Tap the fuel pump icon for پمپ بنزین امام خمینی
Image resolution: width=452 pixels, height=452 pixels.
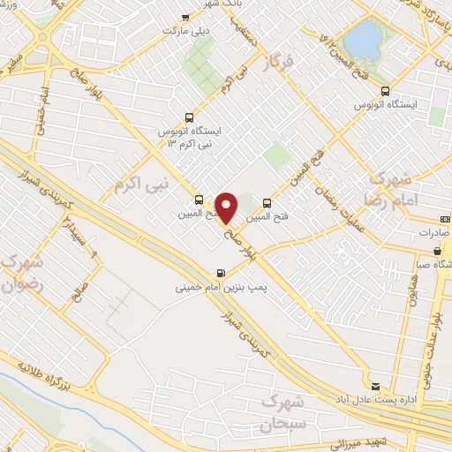point(219,272)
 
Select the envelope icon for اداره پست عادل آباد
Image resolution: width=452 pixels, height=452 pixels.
point(376,386)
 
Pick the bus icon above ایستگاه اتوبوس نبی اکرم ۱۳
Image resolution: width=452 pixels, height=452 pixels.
point(188,117)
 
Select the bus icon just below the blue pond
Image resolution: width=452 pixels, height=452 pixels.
point(384,90)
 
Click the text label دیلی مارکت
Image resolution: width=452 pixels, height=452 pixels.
point(184,31)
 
